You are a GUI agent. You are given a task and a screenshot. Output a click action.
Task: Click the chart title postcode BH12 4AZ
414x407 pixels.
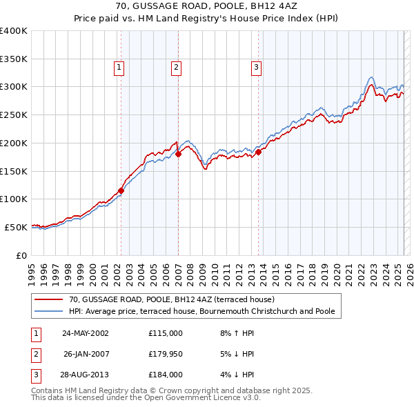270,6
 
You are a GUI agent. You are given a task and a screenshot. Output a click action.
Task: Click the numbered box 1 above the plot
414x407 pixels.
119,67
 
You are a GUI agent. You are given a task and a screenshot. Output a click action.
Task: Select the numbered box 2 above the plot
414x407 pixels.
177,67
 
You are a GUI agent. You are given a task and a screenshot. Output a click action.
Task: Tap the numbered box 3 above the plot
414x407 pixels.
256,67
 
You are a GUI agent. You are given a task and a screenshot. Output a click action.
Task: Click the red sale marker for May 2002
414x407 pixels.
121,190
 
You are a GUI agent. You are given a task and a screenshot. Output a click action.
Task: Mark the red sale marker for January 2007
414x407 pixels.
178,154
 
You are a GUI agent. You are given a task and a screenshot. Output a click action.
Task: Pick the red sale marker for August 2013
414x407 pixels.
259,152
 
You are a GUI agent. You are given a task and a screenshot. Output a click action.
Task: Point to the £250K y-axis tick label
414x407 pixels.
14,115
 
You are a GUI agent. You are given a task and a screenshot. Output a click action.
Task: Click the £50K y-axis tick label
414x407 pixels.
16,226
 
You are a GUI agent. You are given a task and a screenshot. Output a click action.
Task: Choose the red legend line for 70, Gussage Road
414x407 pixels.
48,300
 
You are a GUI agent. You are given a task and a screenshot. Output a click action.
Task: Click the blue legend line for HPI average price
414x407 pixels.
48,312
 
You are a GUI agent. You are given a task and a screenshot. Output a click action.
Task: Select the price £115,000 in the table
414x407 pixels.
165,332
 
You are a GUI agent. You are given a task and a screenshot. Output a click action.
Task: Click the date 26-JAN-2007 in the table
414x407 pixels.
86,354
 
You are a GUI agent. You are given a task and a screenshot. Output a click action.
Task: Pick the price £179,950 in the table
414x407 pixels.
165,354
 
